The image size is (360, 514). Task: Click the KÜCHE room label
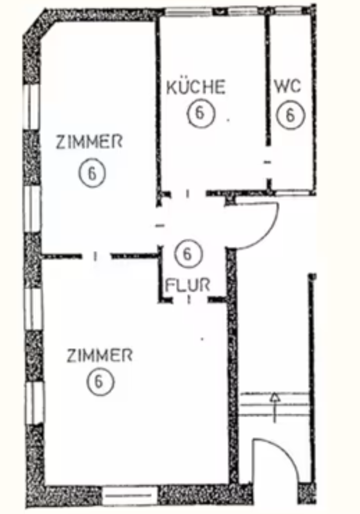196,87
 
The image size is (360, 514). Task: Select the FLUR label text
187,285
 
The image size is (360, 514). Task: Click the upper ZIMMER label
89,142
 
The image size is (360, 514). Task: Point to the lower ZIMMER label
99,356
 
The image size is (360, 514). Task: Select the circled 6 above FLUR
187,254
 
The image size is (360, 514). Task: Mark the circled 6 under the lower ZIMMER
99,382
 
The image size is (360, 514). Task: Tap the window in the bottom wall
130,495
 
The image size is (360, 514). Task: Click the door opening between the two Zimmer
96,256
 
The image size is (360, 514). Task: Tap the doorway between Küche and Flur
188,193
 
